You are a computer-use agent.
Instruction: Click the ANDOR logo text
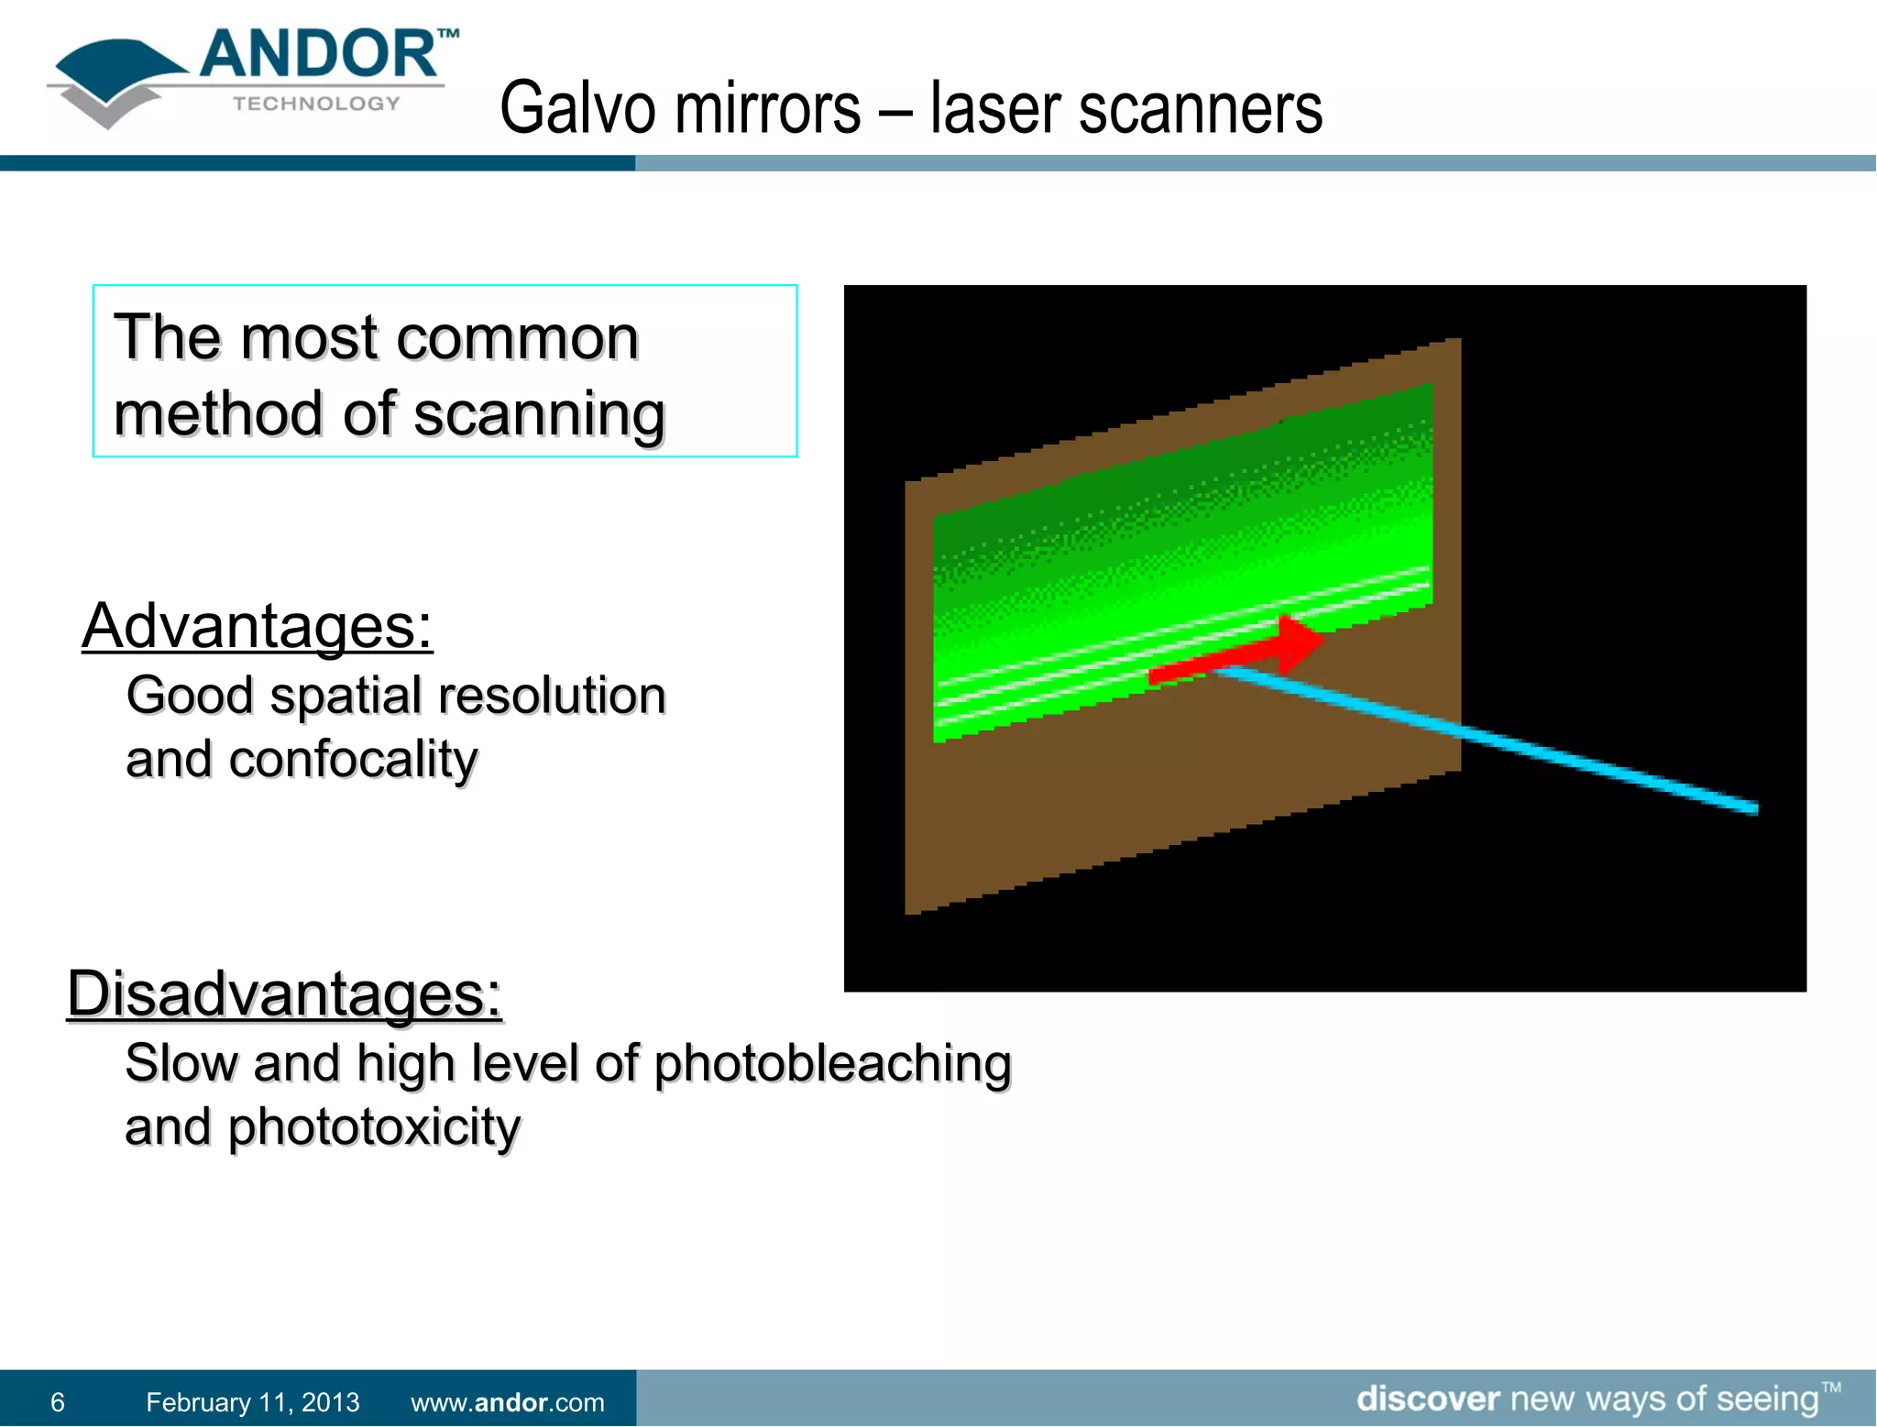(318, 55)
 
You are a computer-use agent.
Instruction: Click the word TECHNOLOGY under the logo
(316, 104)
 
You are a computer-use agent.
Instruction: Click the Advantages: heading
(257, 627)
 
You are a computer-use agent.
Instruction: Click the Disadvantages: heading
(284, 994)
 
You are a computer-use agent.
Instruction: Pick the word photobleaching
(832, 1064)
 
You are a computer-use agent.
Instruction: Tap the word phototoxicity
(374, 1127)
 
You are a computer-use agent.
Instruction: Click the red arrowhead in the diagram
(1300, 642)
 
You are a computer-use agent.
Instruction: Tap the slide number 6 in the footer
(58, 1402)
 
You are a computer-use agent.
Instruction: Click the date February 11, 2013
(252, 1402)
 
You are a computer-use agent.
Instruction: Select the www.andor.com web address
(507, 1402)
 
